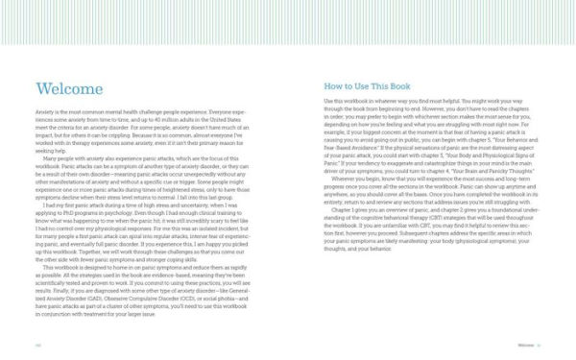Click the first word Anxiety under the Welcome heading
tap(40, 112)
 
